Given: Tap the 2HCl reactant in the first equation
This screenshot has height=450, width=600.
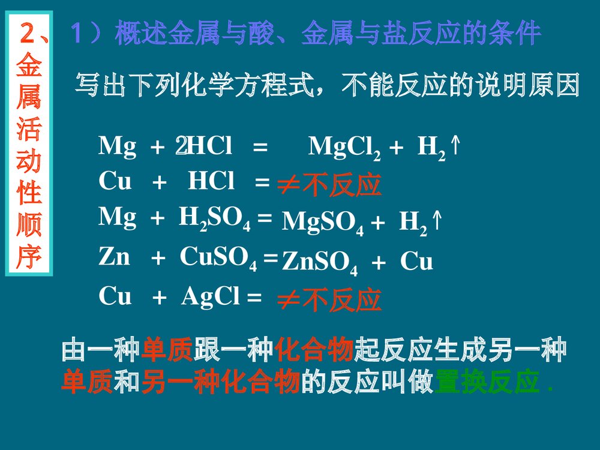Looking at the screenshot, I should (204, 146).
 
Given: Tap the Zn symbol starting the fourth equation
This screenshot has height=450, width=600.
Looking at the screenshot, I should (114, 258).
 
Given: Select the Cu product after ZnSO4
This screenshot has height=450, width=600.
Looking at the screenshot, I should (416, 262).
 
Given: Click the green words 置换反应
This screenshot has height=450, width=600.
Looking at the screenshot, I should (486, 383).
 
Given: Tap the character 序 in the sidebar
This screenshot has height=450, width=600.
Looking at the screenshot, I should (28, 256).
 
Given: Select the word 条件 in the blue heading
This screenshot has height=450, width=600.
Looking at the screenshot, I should (515, 34).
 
